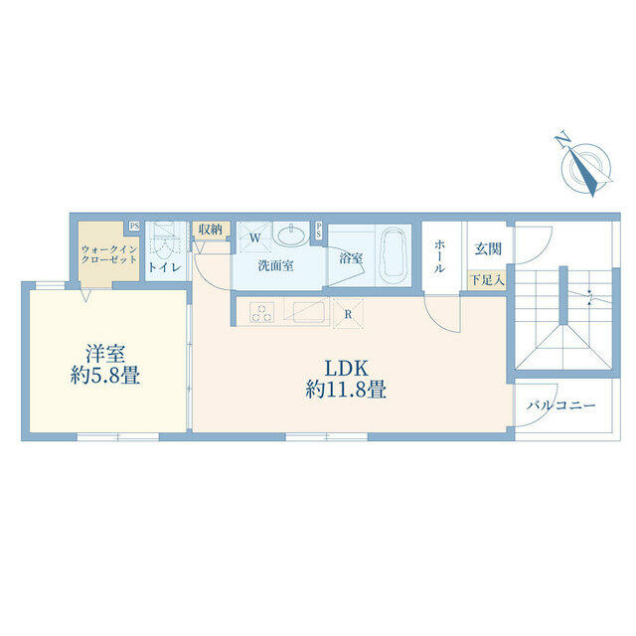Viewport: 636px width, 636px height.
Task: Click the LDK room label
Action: [x=347, y=369]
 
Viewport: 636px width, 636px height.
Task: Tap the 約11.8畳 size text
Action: [x=346, y=390]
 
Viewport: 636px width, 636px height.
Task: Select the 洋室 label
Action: [x=105, y=354]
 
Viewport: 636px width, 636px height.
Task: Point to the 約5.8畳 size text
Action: [x=105, y=376]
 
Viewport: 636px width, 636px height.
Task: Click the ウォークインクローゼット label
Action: [x=109, y=254]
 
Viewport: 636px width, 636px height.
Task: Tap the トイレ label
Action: [x=164, y=267]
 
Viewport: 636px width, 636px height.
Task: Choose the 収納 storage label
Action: [x=211, y=230]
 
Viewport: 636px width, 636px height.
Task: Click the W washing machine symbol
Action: [x=254, y=238]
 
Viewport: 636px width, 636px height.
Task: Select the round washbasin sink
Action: [x=290, y=235]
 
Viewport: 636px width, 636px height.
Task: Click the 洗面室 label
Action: [x=276, y=266]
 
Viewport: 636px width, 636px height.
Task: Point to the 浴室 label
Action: [x=351, y=258]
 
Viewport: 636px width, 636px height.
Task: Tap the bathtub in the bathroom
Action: [x=393, y=257]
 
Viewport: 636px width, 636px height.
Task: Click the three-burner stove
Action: [x=261, y=313]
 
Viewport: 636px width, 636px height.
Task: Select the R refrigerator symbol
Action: [x=348, y=314]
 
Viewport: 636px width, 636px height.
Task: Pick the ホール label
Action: [x=439, y=256]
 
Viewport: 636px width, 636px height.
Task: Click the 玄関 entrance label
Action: [x=488, y=249]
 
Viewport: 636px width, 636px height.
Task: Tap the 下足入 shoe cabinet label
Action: [x=487, y=280]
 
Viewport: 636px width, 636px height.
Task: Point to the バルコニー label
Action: [x=560, y=404]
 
